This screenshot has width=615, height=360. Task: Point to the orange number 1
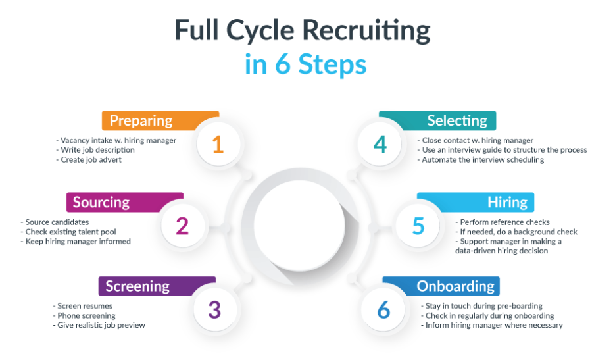coord(218,144)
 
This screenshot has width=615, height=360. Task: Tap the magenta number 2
coord(182,226)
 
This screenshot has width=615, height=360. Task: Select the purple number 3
coord(214,310)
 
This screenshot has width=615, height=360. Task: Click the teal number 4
coord(380,144)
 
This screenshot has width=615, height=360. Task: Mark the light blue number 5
coord(418,226)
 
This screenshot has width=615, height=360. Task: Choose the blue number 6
coord(383,310)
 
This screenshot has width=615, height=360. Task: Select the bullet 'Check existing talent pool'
coord(68,232)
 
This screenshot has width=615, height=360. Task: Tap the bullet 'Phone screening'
coord(84,316)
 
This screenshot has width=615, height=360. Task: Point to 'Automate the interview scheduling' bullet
coord(480,160)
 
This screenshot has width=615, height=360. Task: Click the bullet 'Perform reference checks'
coord(503,222)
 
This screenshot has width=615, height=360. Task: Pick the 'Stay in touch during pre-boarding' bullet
coord(481,306)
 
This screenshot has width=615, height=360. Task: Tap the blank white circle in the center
coord(299,225)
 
